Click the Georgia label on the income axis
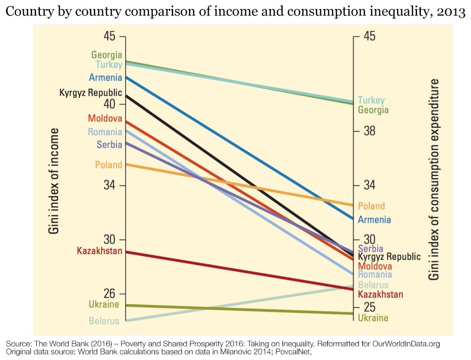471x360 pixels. (x=106, y=55)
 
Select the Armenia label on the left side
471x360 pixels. (x=105, y=78)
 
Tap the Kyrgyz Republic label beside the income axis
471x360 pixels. (x=91, y=93)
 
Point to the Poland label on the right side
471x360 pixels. (x=371, y=206)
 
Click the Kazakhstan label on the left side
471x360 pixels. (x=99, y=251)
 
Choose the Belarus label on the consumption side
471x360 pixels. (x=373, y=285)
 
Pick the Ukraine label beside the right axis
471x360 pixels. (x=373, y=318)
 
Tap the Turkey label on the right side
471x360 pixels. (x=371, y=100)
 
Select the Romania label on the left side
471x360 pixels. (x=105, y=132)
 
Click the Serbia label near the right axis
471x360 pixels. (x=371, y=249)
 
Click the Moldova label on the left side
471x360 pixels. (x=105, y=118)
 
